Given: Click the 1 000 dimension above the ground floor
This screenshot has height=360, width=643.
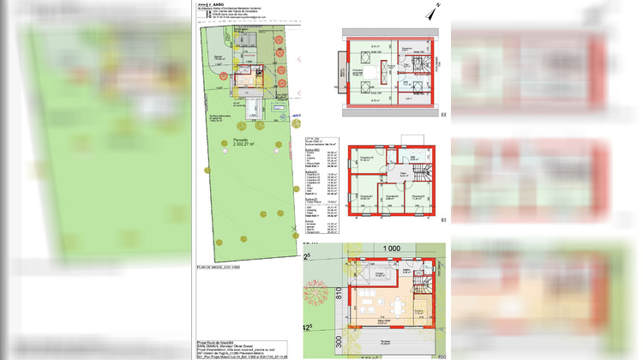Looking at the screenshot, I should coord(392,248).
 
